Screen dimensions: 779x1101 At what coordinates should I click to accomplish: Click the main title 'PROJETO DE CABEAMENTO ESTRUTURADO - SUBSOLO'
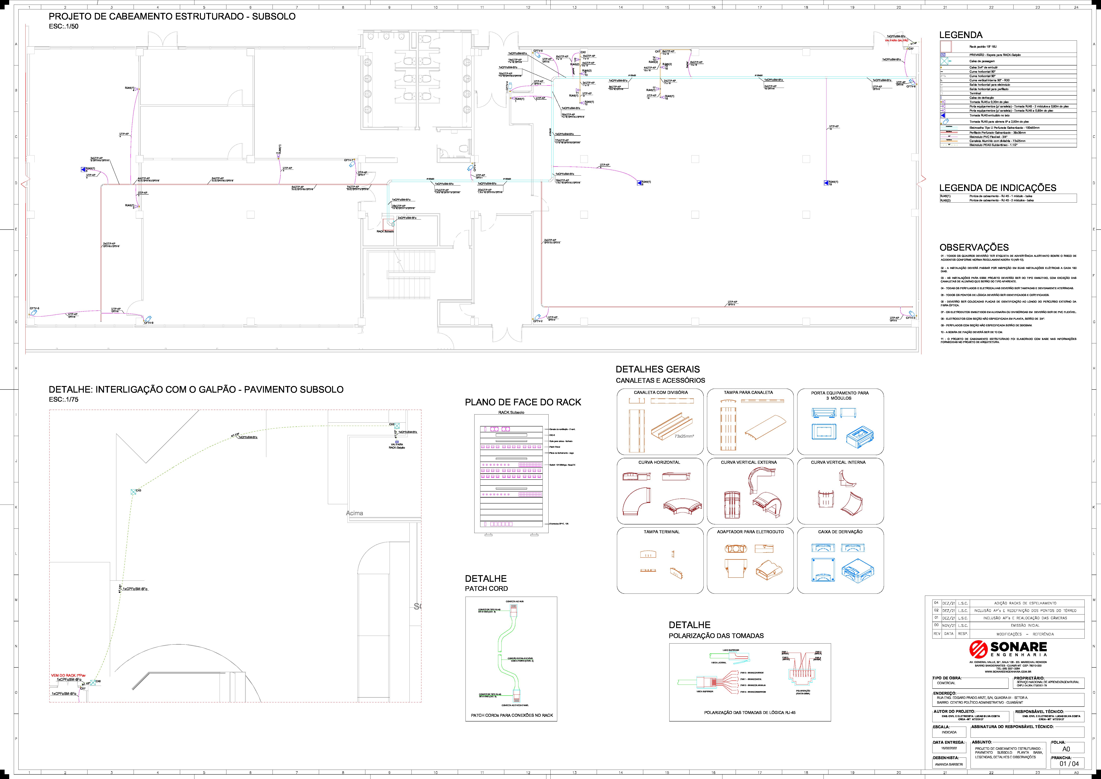pyautogui.click(x=172, y=16)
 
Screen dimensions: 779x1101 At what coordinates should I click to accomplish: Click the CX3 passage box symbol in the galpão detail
pyautogui.click(x=133, y=492)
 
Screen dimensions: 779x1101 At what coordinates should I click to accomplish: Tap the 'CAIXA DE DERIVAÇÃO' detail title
pyautogui.click(x=840, y=532)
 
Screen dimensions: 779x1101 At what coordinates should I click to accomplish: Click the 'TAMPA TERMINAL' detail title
pyautogui.click(x=661, y=532)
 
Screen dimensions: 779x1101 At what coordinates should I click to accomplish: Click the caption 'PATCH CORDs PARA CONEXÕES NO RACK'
pyautogui.click(x=512, y=715)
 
